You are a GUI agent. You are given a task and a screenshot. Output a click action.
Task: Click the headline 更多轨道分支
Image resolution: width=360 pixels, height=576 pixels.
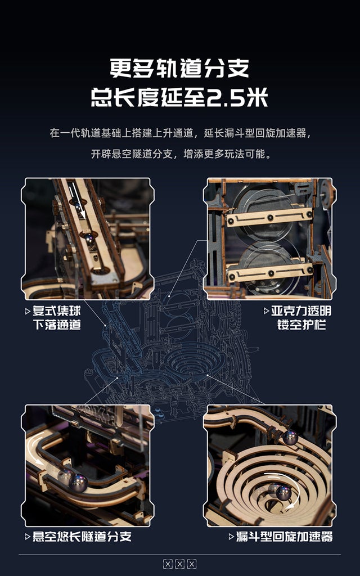coord(179,69)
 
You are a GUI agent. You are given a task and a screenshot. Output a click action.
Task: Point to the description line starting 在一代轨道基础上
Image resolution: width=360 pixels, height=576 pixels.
coord(179,133)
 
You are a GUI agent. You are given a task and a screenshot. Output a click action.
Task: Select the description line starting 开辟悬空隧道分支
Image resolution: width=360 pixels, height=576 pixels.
coord(179,154)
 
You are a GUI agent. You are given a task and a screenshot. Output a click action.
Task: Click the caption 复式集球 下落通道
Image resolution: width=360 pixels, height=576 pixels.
coord(56,318)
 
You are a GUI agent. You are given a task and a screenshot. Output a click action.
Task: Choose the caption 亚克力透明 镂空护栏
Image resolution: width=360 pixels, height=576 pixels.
coord(301,318)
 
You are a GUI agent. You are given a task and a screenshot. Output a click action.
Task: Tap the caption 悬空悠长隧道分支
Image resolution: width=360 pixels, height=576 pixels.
coord(82,536)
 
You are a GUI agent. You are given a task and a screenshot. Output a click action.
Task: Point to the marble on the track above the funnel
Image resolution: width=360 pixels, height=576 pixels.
coord(290,437)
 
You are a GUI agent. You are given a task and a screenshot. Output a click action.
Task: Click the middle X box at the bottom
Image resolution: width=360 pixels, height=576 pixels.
coord(179,564)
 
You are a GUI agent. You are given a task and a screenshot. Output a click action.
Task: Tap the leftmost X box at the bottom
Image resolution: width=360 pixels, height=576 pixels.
coord(168,564)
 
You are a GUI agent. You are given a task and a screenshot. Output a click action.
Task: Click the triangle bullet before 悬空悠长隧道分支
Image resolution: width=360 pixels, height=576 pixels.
coord(28,537)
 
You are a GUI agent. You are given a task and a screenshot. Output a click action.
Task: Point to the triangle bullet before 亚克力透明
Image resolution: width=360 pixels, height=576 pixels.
coord(266,311)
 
